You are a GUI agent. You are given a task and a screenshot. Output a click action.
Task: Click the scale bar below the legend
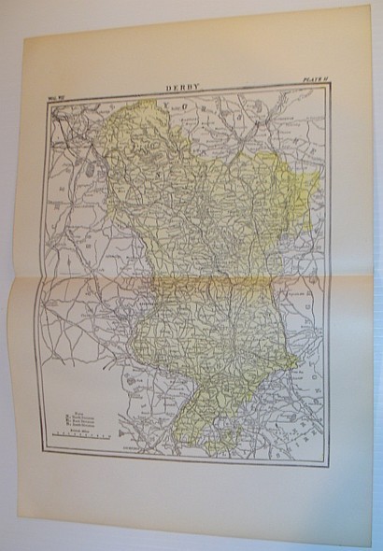pos(82,436)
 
